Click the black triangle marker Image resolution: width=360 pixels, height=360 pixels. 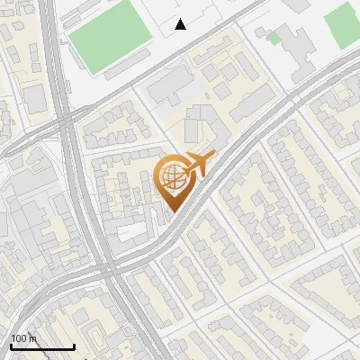coord(181,24)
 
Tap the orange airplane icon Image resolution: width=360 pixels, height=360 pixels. coord(195,165)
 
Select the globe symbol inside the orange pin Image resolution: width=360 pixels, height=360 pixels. coord(171,178)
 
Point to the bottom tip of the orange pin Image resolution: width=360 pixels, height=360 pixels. coord(171,213)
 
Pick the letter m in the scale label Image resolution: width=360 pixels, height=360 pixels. coord(34,338)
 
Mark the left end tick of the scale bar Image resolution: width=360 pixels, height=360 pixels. coord(11,346)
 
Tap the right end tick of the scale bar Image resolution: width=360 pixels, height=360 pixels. coord(74,346)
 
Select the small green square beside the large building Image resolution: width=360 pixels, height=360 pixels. coord(274,38)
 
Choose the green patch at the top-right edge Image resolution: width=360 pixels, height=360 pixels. coord(343,25)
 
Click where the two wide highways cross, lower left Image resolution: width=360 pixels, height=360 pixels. coord(106,268)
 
